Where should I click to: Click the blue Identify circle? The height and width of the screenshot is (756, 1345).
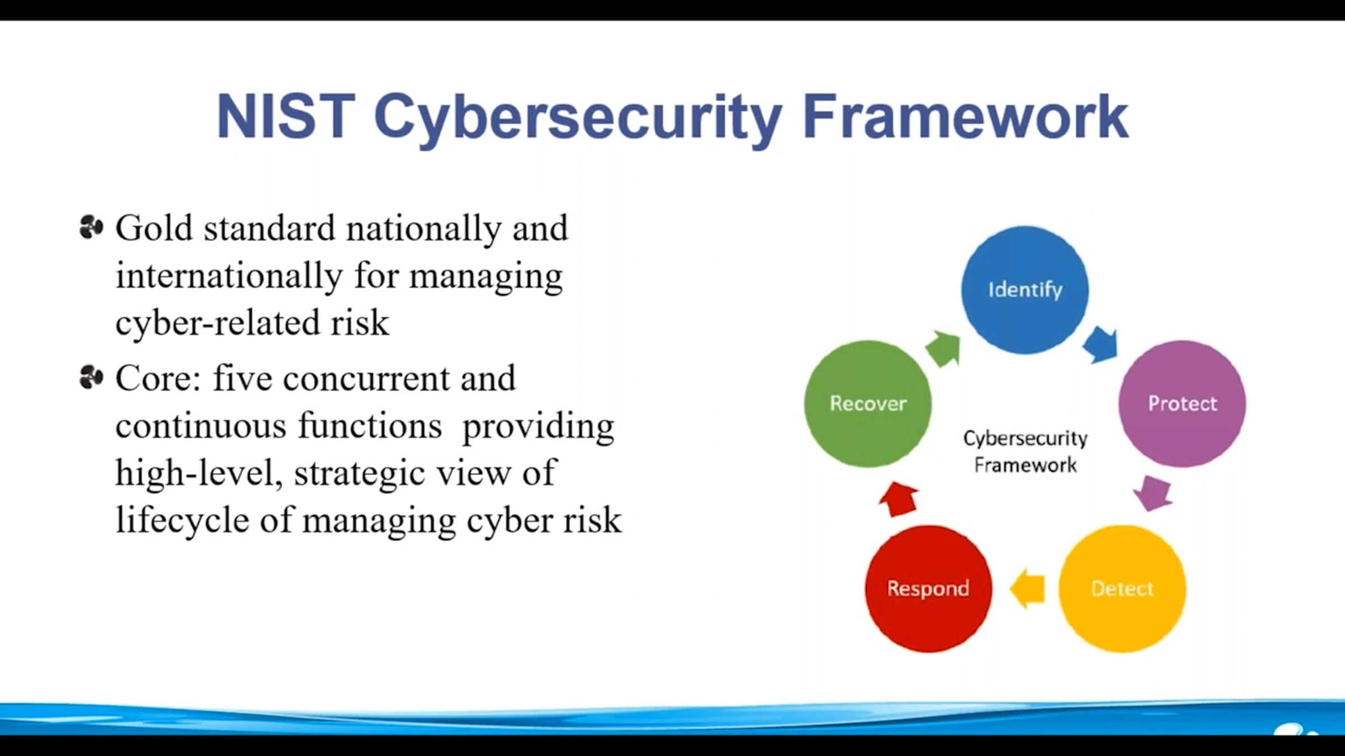click(1025, 290)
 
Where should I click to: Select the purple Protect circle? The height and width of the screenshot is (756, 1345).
click(1182, 404)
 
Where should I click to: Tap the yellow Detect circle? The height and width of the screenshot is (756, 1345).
click(1122, 589)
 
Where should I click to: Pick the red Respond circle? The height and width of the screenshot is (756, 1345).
click(928, 589)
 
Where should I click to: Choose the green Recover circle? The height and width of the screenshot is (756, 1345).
click(868, 404)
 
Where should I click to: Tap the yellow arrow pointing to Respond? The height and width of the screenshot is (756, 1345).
click(1027, 589)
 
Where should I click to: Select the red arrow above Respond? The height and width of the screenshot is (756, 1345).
click(898, 499)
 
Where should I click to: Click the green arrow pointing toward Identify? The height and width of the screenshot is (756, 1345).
click(943, 348)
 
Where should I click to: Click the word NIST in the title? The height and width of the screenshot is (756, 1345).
click(286, 116)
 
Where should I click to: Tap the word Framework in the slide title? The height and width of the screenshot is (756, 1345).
click(966, 116)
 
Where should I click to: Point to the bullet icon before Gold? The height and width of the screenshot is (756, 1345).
click(91, 227)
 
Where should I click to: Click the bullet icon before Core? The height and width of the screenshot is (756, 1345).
click(91, 377)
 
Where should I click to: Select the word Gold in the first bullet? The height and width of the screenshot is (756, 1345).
click(154, 228)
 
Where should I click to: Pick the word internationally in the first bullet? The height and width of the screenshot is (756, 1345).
click(229, 276)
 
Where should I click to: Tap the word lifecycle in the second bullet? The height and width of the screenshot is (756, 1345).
click(182, 520)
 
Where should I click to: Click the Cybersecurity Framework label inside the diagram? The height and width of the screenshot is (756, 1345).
click(1025, 451)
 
